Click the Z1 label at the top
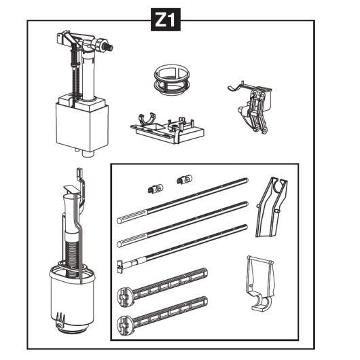click(166, 20)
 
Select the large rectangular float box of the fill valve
click(82, 126)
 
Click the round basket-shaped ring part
click(173, 80)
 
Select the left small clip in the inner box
click(155, 190)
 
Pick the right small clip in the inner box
click(185, 179)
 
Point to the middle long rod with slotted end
click(183, 224)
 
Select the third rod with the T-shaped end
click(183, 249)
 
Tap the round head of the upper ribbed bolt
click(124, 298)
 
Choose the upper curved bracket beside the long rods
click(272, 207)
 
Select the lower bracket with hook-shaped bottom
click(259, 283)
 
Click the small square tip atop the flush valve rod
click(79, 172)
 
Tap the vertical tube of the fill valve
click(88, 76)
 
